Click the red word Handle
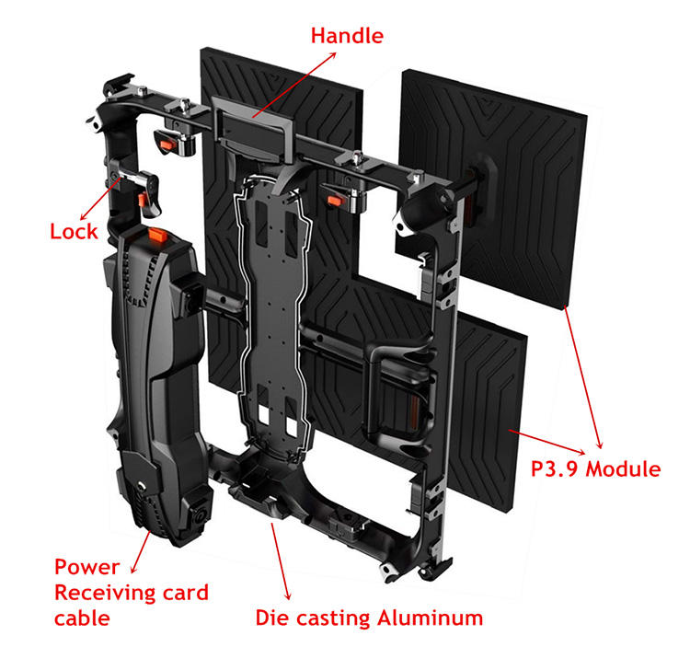point(347,36)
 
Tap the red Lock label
point(74,231)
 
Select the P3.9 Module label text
point(595,469)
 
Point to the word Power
point(86,566)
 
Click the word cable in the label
point(82,618)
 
